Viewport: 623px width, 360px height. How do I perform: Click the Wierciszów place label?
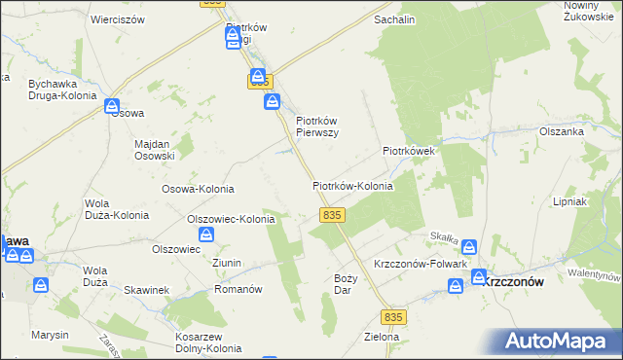(x=117, y=18)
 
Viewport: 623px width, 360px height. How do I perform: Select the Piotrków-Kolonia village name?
(x=352, y=185)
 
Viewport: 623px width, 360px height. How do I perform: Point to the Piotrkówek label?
(x=413, y=152)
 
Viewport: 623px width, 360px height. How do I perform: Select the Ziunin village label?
(x=226, y=264)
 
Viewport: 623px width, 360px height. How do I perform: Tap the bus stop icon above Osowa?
(x=112, y=105)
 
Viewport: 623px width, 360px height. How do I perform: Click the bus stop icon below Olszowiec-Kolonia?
(x=206, y=234)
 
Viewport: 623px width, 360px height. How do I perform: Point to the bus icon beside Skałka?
(x=469, y=247)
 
